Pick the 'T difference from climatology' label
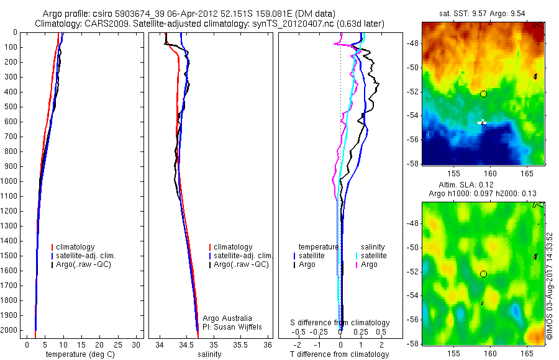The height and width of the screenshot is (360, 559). [x=339, y=354]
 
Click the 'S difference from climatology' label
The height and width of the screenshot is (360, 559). [x=340, y=323]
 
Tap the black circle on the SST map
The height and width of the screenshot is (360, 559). [x=483, y=94]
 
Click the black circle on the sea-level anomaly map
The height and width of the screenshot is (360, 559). [x=483, y=274]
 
